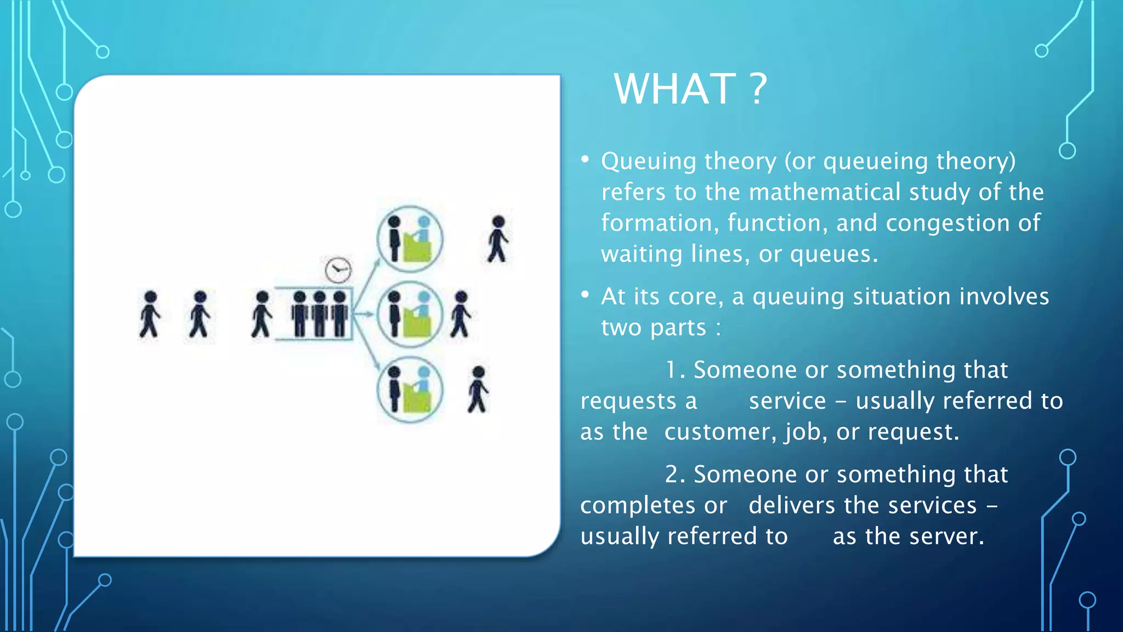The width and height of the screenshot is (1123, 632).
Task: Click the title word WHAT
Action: [x=674, y=89]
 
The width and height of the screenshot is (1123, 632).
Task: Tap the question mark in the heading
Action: [x=758, y=89]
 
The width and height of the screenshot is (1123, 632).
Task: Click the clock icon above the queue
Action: [x=338, y=270]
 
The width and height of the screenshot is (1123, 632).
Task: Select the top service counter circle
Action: [x=410, y=239]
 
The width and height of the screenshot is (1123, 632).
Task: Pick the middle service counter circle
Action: [x=410, y=314]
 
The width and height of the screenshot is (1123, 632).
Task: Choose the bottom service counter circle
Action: [x=410, y=390]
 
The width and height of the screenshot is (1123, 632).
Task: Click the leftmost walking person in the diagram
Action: [x=149, y=314]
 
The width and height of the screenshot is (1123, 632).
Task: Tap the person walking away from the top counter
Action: [x=498, y=239]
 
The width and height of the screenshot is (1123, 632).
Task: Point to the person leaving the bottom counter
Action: [x=478, y=390]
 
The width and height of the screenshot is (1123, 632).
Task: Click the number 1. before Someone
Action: [x=674, y=370]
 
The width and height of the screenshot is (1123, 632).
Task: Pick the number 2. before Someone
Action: [x=674, y=475]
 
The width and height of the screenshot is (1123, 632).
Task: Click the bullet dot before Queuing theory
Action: [x=585, y=160]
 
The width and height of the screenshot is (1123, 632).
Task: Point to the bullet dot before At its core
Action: [x=585, y=295]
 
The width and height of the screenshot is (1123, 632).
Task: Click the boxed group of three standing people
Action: [x=319, y=314]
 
